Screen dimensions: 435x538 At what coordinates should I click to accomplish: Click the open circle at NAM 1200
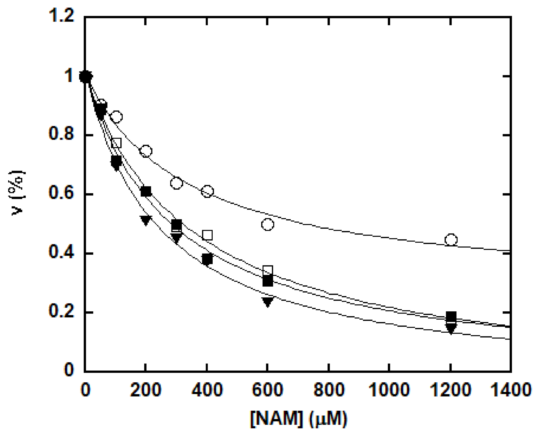click(451, 240)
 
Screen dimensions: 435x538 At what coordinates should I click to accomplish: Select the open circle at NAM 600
click(267, 225)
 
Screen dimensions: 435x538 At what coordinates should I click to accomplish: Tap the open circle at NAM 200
click(146, 151)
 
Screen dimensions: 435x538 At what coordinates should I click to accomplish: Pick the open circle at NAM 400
click(207, 191)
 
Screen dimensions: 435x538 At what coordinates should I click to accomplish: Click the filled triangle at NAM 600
click(267, 302)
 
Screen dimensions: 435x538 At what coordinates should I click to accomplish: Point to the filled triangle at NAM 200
click(146, 220)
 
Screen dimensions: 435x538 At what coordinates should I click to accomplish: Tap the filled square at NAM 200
click(146, 191)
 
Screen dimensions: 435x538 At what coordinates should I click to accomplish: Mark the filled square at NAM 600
click(267, 281)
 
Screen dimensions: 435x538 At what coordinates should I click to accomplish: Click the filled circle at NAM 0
click(86, 77)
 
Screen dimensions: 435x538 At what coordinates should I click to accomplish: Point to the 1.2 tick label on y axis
click(61, 16)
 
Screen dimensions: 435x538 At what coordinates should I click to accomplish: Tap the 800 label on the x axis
click(329, 390)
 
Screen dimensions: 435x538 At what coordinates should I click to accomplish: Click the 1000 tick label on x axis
click(389, 390)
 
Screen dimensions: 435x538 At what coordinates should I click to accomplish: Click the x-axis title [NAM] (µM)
click(299, 419)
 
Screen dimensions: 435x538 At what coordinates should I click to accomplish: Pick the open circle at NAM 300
click(177, 183)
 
